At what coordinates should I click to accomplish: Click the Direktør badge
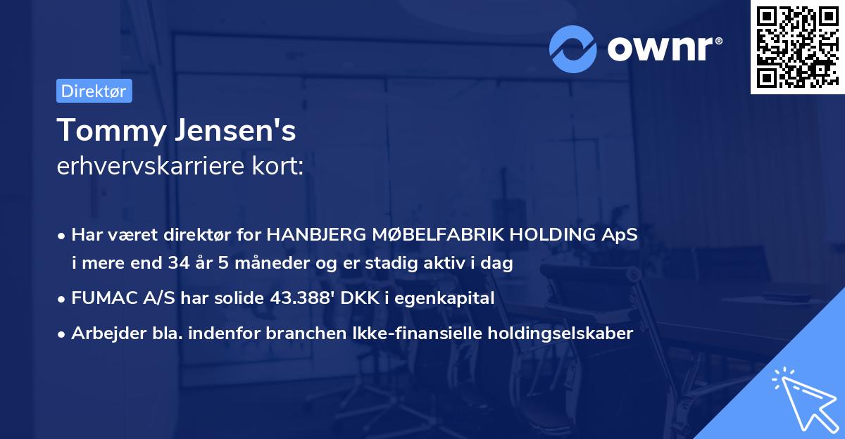coord(94,91)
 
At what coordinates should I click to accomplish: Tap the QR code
coord(796,47)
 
